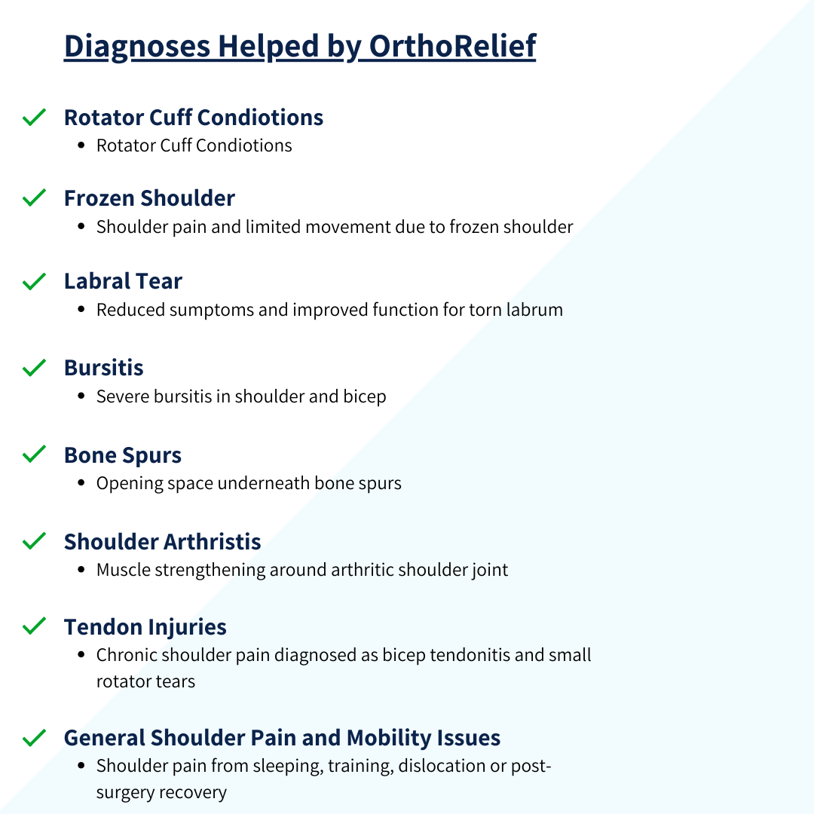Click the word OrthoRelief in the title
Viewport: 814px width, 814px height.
pos(452,46)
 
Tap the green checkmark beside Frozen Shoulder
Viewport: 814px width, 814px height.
pos(34,198)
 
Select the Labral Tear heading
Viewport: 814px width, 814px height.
pos(123,281)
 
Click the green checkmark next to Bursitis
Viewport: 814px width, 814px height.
pos(34,368)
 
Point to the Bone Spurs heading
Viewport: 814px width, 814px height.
pos(123,455)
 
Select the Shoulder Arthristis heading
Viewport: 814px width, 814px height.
pos(162,541)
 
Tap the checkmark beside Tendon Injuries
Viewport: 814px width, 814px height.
pos(34,626)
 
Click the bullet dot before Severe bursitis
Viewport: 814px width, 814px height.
pos(81,397)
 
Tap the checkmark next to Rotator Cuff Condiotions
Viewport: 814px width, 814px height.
pos(34,118)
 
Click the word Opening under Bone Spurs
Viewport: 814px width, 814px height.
pos(126,483)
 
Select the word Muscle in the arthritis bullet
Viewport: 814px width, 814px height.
pos(123,570)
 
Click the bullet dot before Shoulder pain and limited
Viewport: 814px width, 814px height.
pos(81,227)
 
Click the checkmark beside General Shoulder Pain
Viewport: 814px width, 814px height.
pos(34,737)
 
